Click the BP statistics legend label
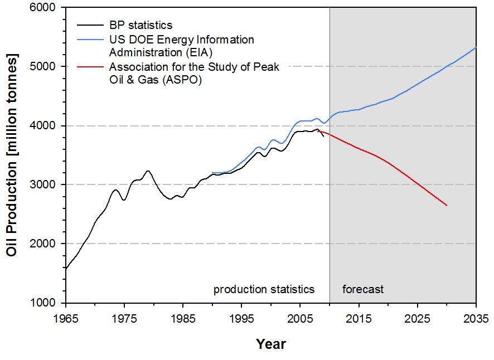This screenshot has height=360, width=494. click(x=141, y=25)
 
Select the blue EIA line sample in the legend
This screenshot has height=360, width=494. click(x=90, y=40)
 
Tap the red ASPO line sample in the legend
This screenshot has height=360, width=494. click(x=90, y=67)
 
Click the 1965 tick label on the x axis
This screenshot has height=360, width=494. click(x=66, y=320)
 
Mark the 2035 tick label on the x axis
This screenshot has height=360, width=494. click(x=475, y=320)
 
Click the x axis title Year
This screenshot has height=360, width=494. click(x=271, y=344)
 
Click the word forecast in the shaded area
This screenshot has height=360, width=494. click(x=363, y=290)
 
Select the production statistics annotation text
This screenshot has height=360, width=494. click(x=264, y=290)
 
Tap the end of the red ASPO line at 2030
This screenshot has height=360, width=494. click(x=447, y=206)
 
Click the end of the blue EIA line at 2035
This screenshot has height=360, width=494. click(x=476, y=47)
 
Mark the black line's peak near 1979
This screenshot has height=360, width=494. click(x=148, y=171)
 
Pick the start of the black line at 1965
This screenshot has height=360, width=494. click(x=66, y=269)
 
